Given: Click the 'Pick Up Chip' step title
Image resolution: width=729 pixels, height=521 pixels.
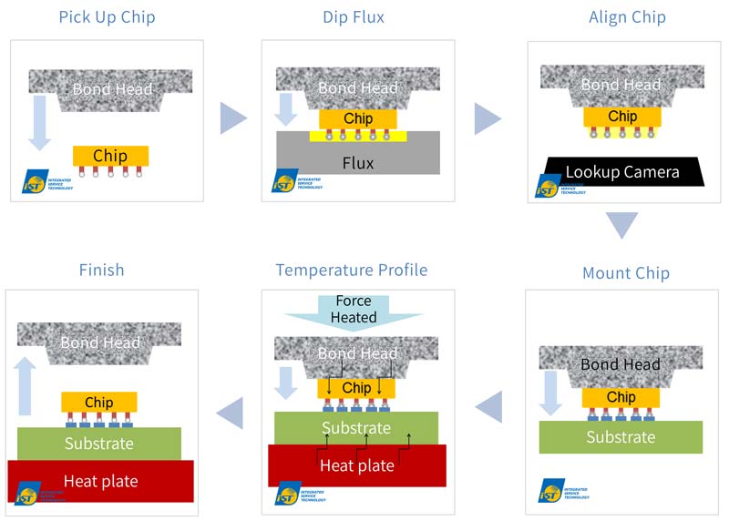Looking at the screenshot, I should [107, 17].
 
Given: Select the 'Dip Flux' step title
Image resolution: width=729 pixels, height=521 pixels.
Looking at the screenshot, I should [353, 17].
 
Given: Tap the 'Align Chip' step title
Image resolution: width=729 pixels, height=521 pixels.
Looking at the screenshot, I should [627, 17].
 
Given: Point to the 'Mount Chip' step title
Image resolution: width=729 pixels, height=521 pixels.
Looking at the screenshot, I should [625, 272].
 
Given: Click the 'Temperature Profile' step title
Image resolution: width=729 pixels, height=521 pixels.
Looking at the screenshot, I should [352, 270].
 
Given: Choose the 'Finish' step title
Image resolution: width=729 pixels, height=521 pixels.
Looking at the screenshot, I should [101, 270].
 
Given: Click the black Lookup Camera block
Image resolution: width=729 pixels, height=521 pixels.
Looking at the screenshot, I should [621, 171].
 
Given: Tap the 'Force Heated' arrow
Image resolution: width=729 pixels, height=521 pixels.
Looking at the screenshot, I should [354, 310].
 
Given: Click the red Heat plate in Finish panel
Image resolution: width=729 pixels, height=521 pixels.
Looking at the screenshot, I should [101, 479].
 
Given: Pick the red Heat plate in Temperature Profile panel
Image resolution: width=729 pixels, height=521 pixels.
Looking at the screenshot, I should [356, 465].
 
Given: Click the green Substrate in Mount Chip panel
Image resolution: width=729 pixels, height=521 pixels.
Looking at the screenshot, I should [621, 436].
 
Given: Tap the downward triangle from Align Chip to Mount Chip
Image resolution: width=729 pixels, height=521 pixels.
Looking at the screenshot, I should [622, 224].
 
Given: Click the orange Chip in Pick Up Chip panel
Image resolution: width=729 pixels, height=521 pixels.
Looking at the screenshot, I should [110, 156].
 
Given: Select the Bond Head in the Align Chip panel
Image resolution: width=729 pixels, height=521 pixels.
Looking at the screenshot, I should [621, 86].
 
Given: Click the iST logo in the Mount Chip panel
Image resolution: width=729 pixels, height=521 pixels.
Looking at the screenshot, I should [549, 491].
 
